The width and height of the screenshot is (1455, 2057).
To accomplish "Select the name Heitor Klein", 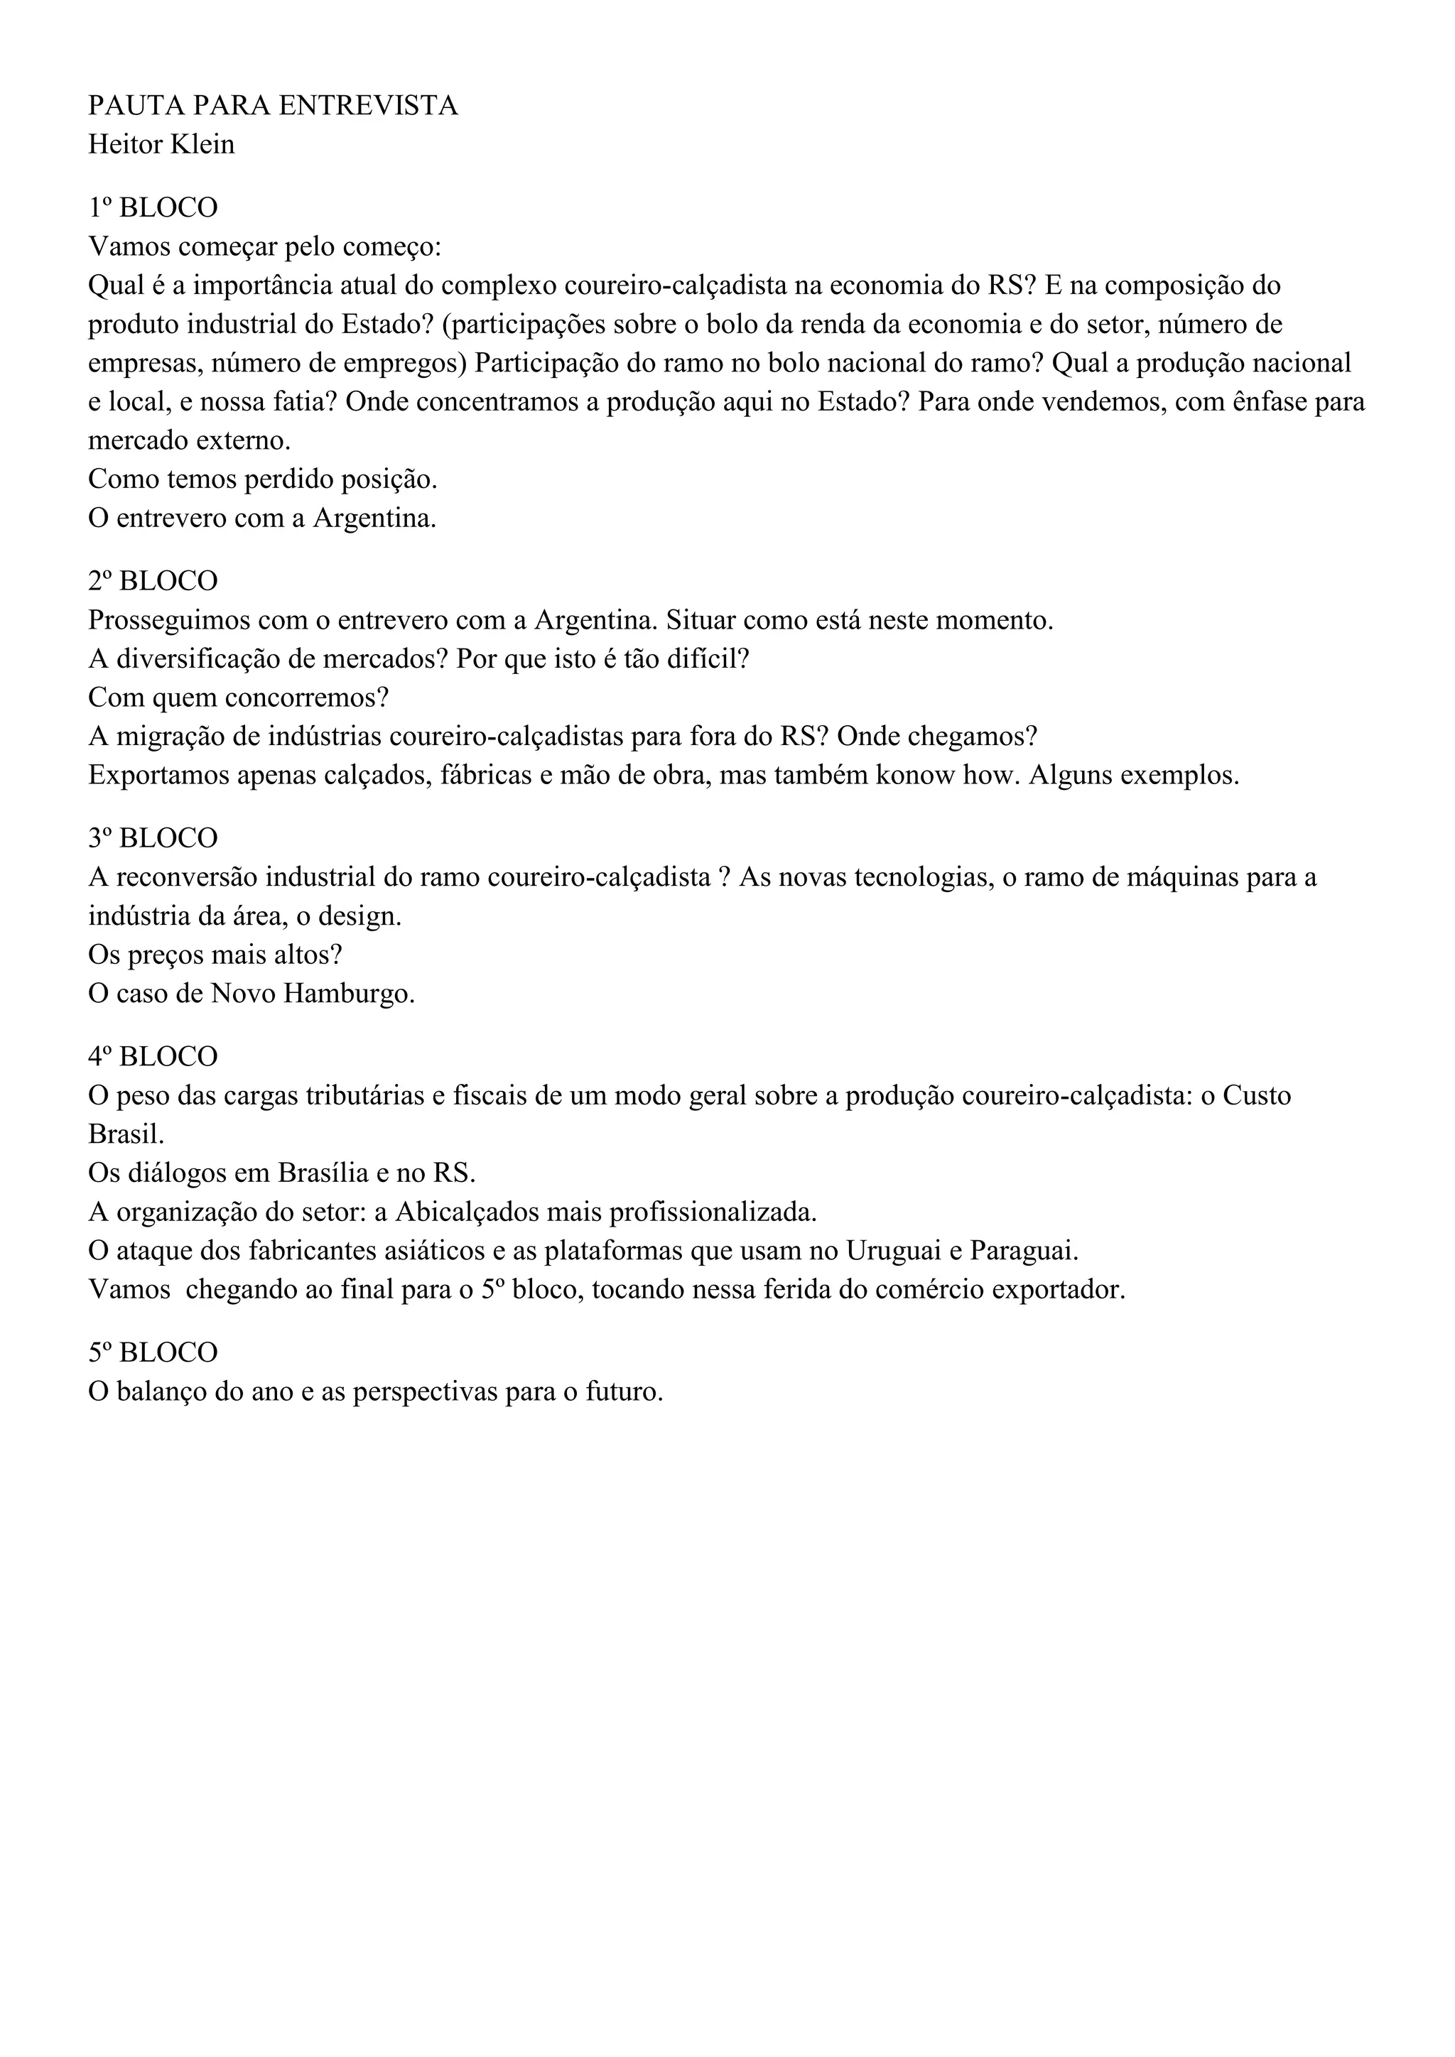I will [161, 144].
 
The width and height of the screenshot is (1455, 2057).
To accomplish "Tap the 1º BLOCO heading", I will [152, 208].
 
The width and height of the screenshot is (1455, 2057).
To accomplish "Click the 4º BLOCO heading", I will [152, 1056].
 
